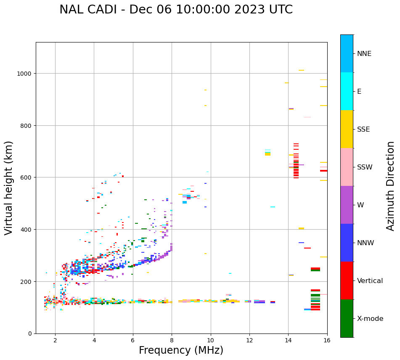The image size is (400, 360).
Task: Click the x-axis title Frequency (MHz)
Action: pyautogui.click(x=181, y=350)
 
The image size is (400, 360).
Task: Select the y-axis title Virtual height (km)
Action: pyautogui.click(x=9, y=188)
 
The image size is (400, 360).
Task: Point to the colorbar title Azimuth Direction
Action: pyautogui.click(x=391, y=186)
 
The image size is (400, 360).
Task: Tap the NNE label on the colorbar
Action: pyautogui.click(x=364, y=54)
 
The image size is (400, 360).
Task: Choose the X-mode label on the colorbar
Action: pyautogui.click(x=370, y=319)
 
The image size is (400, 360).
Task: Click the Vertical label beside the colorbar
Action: pyautogui.click(x=370, y=281)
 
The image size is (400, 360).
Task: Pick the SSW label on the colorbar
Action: pyautogui.click(x=365, y=167)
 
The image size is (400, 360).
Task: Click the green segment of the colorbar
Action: pyautogui.click(x=347, y=318)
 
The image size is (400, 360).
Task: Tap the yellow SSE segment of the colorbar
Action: pyautogui.click(x=347, y=129)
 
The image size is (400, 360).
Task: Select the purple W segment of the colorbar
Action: pyautogui.click(x=347, y=205)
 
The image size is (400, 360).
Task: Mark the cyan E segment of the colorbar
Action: pyautogui.click(x=347, y=91)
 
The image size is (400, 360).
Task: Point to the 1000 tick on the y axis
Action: pyautogui.click(x=25, y=74)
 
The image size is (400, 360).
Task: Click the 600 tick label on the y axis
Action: pyautogui.click(x=26, y=177)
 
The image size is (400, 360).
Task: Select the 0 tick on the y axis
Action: pyautogui.click(x=30, y=334)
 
